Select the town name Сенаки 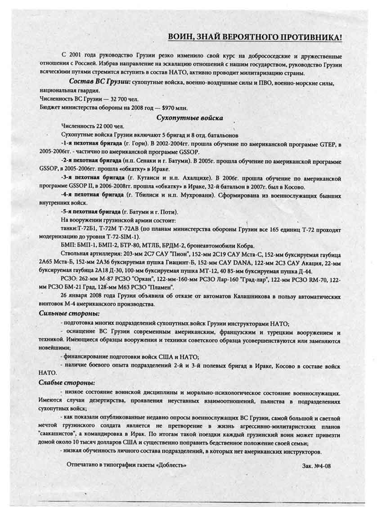138,160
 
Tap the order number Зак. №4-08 317,466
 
